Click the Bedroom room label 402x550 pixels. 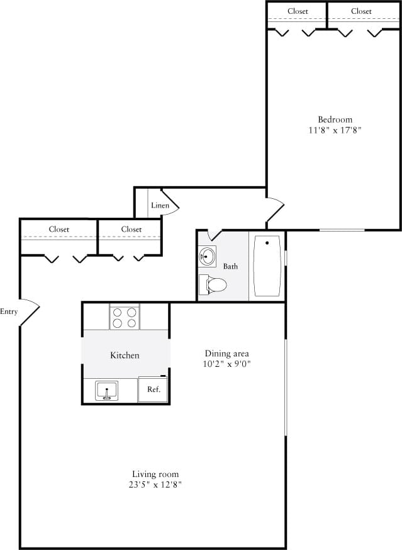335,120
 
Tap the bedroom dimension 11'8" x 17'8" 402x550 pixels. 335,130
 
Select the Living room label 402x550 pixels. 155,474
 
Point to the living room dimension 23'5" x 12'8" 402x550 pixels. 155,485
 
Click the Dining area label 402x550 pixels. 227,353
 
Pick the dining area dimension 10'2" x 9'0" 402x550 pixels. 227,364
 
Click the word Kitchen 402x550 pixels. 125,356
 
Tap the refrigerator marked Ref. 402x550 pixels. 154,389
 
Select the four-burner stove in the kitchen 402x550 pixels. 125,317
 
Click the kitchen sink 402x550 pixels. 107,391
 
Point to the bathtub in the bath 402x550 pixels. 267,266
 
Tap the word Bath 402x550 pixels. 230,266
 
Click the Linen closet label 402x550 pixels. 159,205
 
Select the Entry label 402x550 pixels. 9,311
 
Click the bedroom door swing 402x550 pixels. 276,210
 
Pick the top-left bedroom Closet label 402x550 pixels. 298,11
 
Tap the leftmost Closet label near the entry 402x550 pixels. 59,229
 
